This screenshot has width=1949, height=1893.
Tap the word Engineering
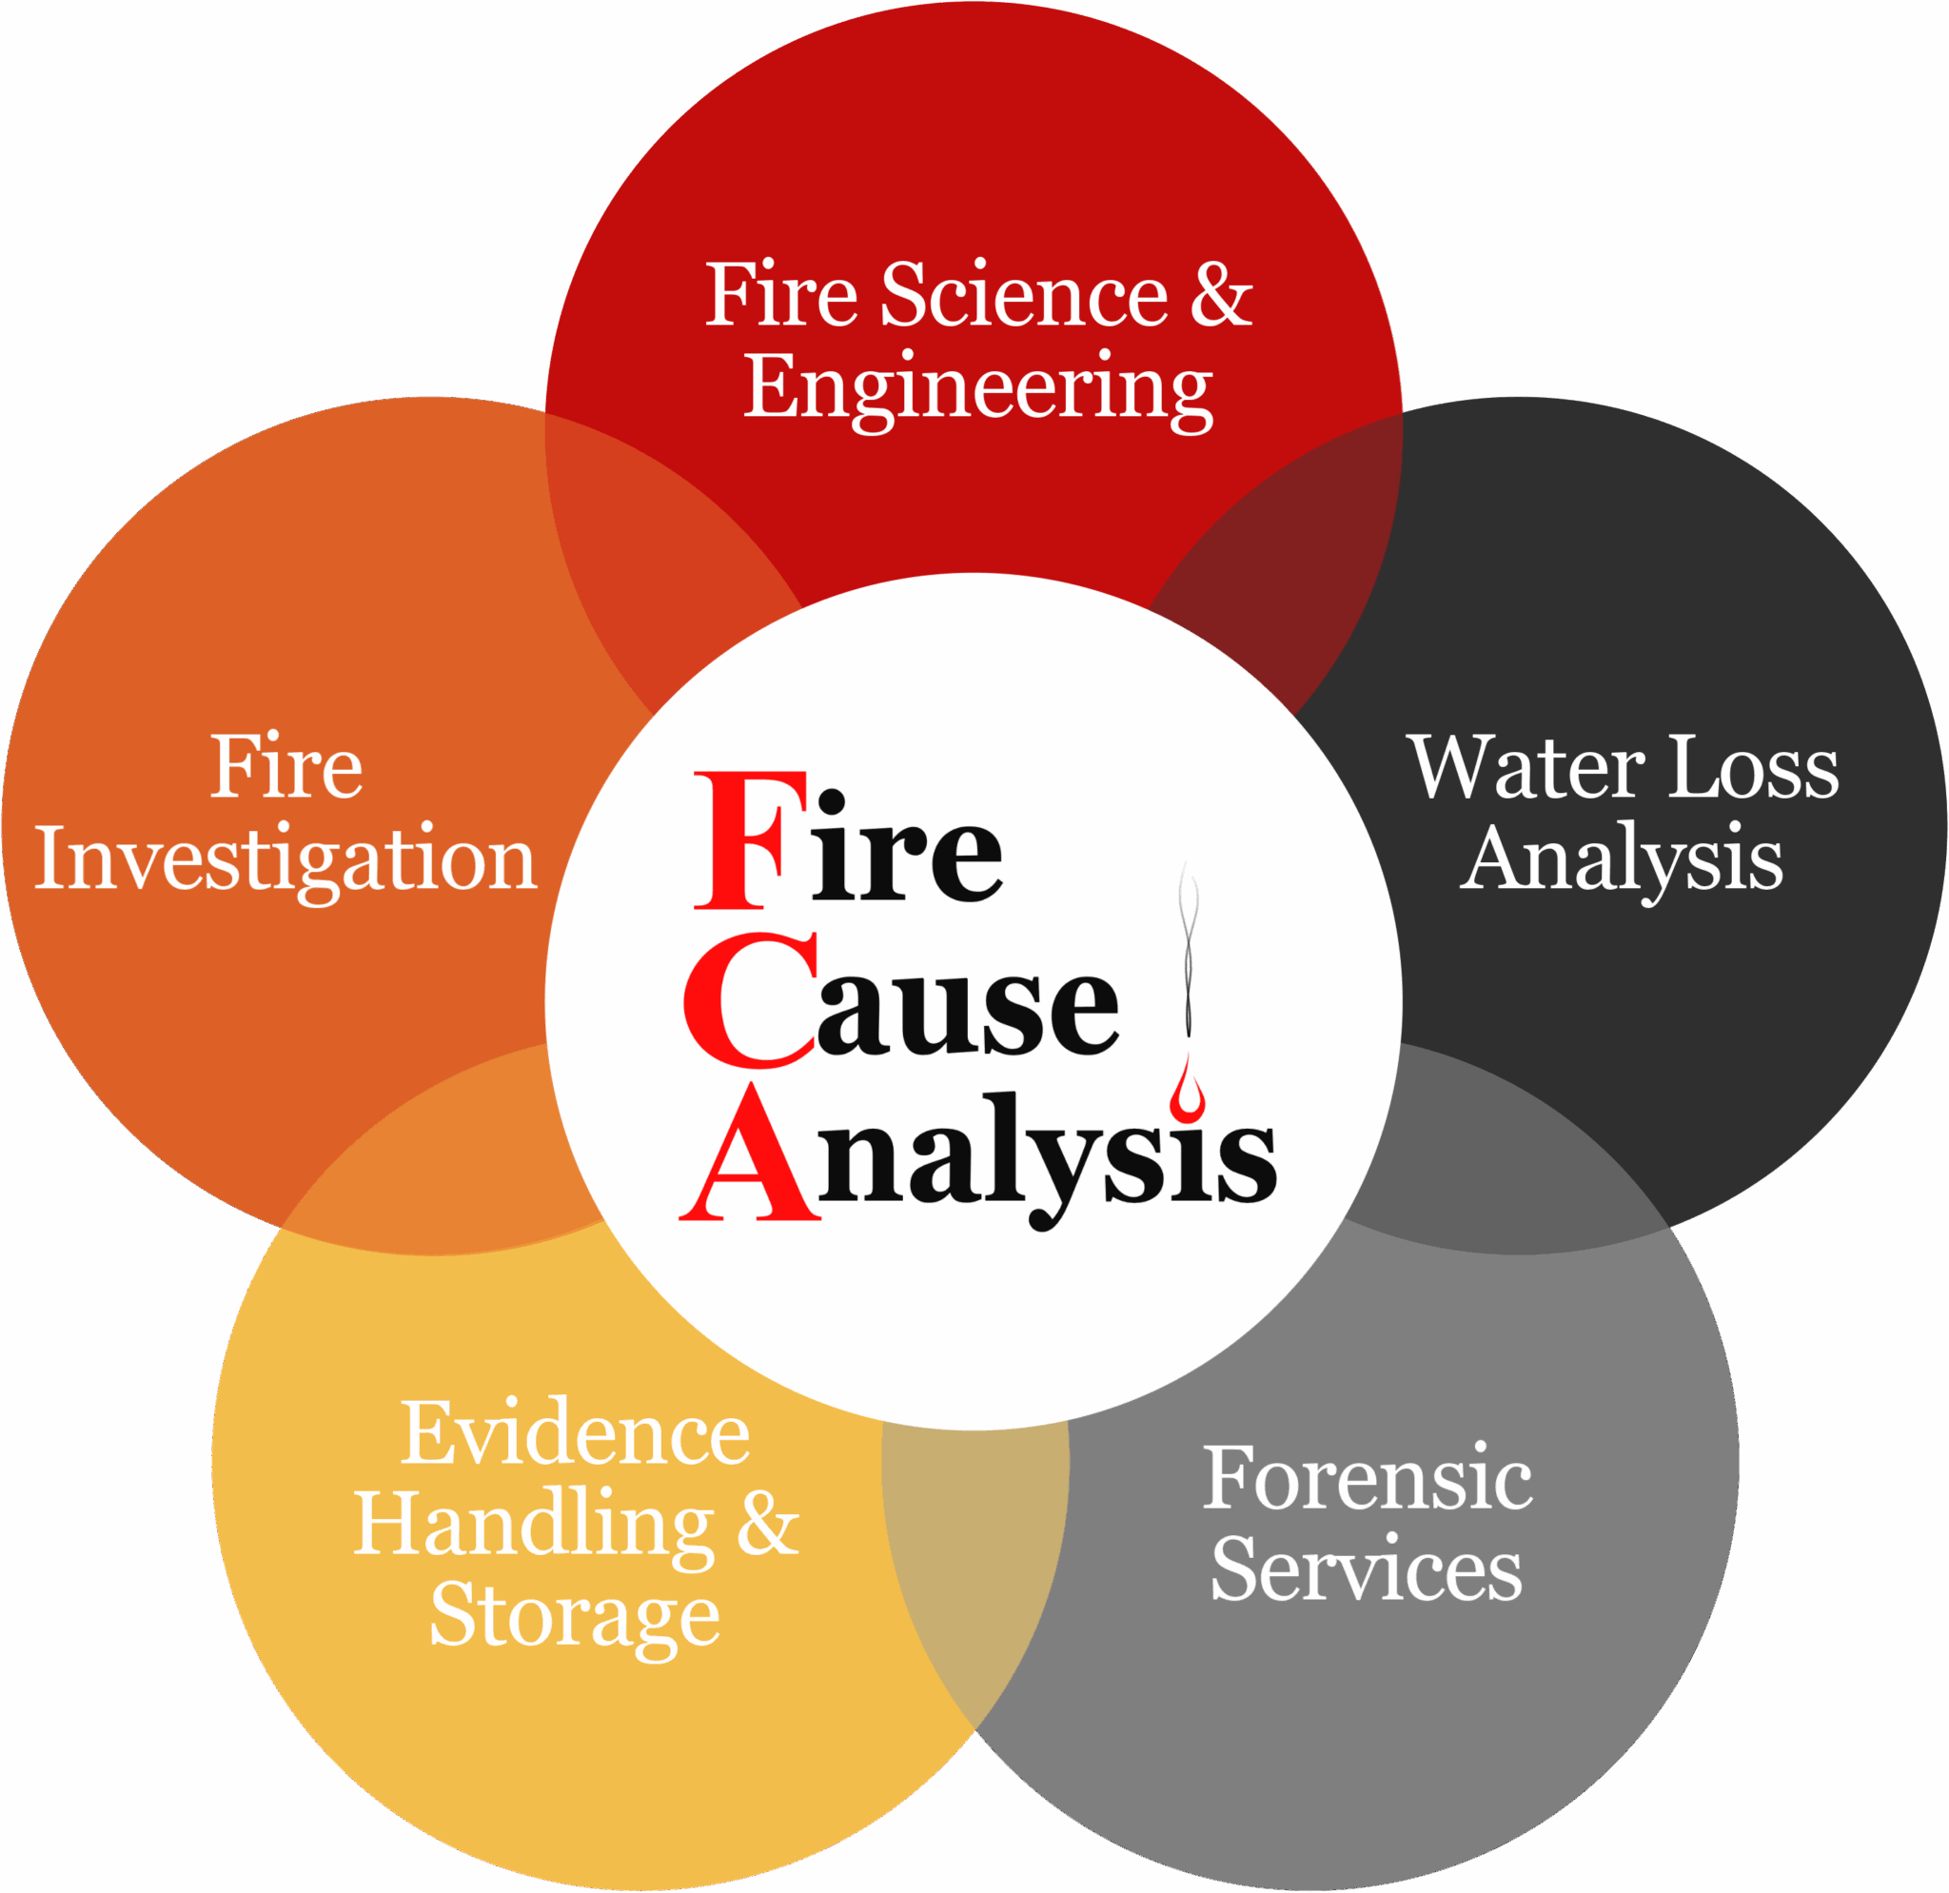click(x=978, y=390)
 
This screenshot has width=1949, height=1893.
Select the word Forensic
click(x=1368, y=1477)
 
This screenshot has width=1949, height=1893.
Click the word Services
click(x=1367, y=1568)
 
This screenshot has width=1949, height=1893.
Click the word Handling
click(x=534, y=1525)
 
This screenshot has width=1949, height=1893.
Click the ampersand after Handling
click(x=768, y=1524)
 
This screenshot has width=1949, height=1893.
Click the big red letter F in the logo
click(x=750, y=840)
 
